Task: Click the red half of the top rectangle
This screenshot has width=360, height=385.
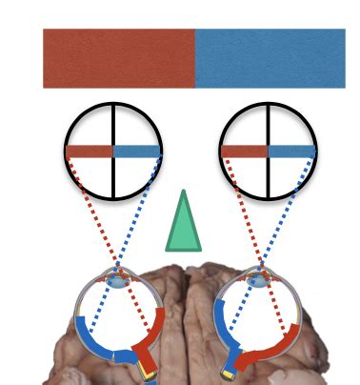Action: [118, 58]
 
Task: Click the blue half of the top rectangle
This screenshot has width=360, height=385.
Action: [270, 58]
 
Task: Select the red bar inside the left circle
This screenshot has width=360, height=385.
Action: [90, 151]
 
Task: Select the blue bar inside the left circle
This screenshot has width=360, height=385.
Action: [137, 151]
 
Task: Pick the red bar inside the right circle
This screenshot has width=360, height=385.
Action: [244, 151]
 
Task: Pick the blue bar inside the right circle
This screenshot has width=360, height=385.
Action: [290, 151]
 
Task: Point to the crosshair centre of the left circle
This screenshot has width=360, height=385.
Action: [114, 151]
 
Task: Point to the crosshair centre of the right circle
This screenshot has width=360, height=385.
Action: [268, 151]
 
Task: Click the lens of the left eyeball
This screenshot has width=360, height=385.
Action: [117, 280]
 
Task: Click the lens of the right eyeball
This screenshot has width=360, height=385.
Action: [257, 280]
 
